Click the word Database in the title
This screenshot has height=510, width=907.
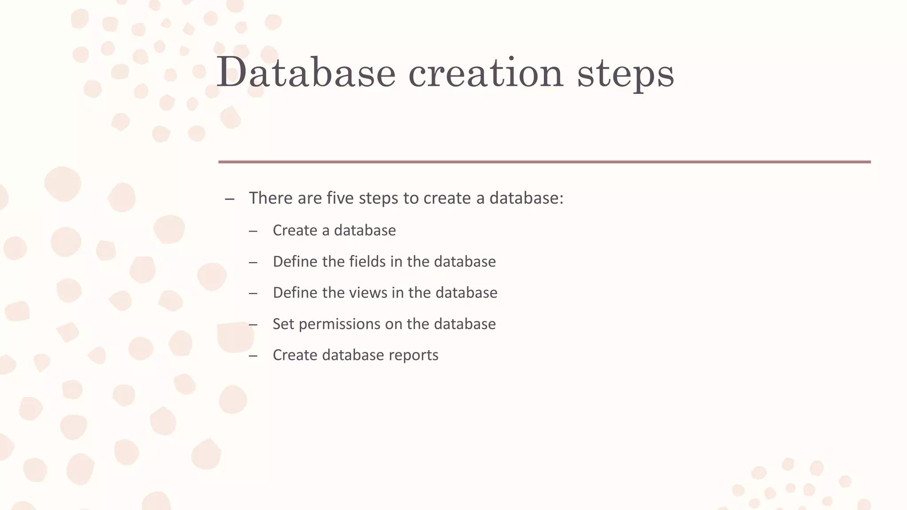click(x=306, y=73)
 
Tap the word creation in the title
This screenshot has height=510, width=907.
click(x=485, y=73)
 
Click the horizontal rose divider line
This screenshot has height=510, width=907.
click(x=544, y=162)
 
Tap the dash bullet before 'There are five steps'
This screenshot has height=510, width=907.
click(x=229, y=199)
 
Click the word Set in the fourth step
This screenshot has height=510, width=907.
click(x=283, y=324)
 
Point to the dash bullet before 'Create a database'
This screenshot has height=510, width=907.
click(x=253, y=231)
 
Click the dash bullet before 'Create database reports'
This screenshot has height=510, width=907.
click(x=253, y=356)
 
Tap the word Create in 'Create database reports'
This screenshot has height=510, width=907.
click(x=295, y=355)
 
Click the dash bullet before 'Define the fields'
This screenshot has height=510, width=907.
click(x=253, y=263)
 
